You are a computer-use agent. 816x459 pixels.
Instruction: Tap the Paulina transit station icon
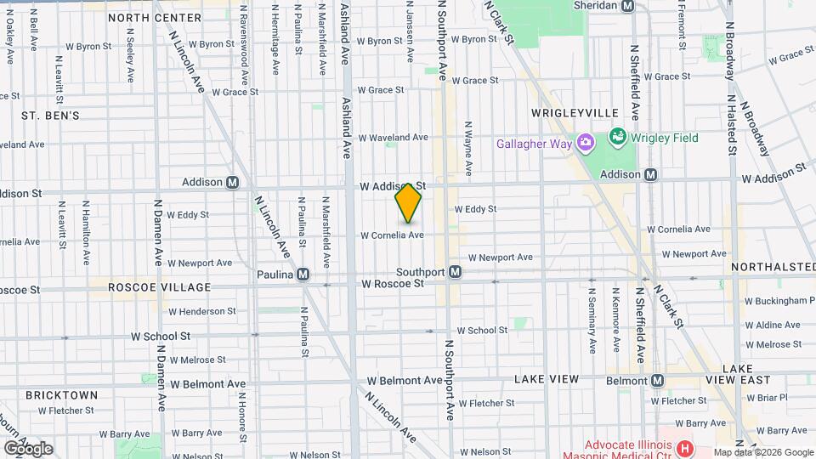pos(303,275)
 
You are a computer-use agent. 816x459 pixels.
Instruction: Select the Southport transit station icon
pos(456,272)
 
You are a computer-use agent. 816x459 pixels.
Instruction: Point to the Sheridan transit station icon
pos(628,5)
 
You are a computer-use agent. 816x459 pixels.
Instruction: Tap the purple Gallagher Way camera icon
pos(585,143)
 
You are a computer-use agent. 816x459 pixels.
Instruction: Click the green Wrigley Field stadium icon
pos(618,137)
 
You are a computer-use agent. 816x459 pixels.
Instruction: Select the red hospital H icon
pos(686,446)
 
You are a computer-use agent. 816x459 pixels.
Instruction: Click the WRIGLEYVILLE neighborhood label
pos(563,112)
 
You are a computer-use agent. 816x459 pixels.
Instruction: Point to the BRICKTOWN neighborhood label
pos(61,395)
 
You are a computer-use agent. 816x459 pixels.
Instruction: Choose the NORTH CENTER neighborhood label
pos(154,17)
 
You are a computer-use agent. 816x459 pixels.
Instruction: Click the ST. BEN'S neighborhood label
pos(50,115)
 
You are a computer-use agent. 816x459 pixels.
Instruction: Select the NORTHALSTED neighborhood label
pos(773,267)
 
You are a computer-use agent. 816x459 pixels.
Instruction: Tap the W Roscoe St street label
pos(392,284)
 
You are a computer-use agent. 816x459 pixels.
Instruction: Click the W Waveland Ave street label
pos(393,137)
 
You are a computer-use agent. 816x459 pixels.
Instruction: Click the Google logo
pos(28,448)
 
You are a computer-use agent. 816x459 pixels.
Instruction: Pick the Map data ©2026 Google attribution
pos(763,452)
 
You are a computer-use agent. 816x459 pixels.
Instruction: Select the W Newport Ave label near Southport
pos(500,257)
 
